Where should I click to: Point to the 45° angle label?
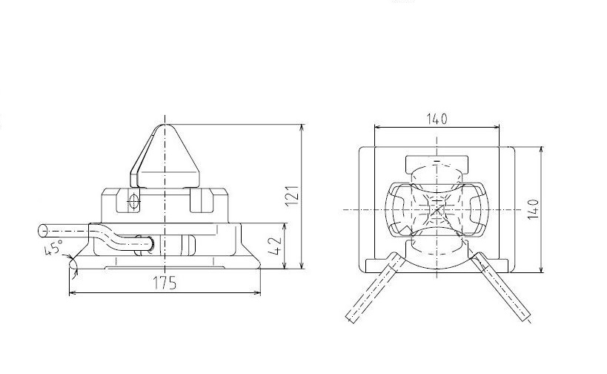click(53, 247)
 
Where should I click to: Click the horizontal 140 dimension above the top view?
click(437, 119)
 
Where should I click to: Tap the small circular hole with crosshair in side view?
click(133, 200)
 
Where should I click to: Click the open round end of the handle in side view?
click(42, 231)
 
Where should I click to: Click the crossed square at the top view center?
click(437, 211)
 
